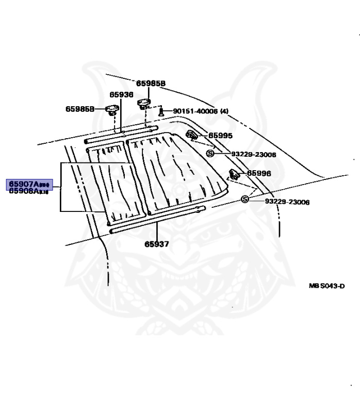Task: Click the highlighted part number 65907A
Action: (28, 184)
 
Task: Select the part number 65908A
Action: (28, 191)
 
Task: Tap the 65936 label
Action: (121, 94)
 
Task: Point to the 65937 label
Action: (156, 243)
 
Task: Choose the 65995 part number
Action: (220, 136)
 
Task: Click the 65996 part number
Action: (259, 174)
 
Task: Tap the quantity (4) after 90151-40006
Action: (224, 111)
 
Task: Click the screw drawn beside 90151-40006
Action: (161, 111)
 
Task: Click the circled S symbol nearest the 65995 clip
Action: (210, 154)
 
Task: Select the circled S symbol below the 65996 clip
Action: (245, 200)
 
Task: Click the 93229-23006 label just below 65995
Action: (253, 154)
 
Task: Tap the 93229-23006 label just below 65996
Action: (287, 202)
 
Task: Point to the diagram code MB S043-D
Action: (326, 286)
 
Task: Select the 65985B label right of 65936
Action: (151, 83)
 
